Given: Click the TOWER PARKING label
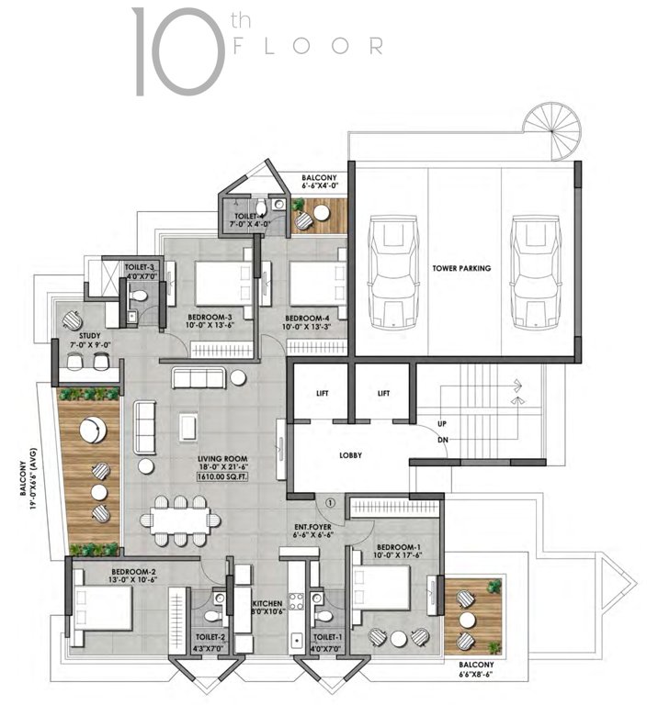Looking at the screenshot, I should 461,269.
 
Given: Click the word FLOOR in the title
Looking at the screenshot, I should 308,45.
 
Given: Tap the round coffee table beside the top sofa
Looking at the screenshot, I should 237,377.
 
